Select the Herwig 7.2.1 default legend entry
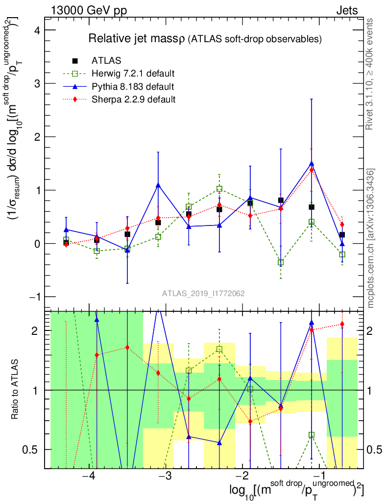pos(133,74)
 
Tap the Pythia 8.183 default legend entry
pos(132,87)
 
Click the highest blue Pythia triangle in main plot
pos(312,164)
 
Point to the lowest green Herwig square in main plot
pos(281,262)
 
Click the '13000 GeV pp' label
pos(89,10)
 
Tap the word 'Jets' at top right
pos(347,10)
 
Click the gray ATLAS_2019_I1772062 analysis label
pos(204,294)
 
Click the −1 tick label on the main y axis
pos(34,297)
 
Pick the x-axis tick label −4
pos(88,477)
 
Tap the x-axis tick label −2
pos(242,477)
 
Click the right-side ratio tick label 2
pos(371,331)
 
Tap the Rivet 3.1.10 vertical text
pos(371,74)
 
